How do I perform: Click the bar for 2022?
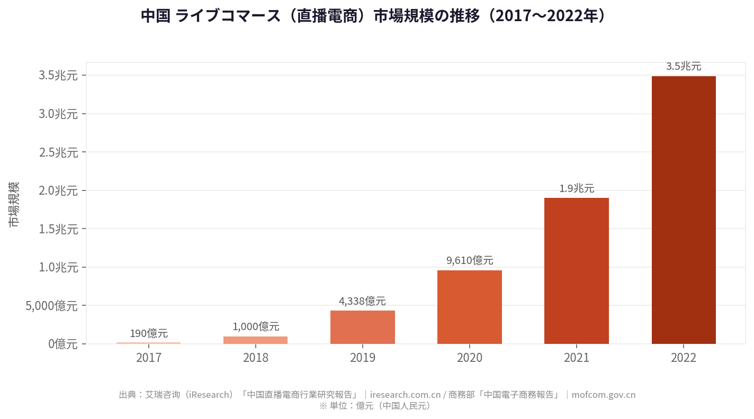coord(684,210)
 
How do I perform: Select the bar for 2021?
coord(577,271)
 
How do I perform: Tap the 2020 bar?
coord(470,307)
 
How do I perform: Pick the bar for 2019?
coord(363,327)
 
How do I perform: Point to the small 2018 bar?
coord(255,340)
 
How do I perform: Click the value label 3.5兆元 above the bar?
coord(684,67)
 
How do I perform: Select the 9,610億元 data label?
coord(470,260)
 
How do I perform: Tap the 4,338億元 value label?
coord(363,301)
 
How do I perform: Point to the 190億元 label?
coord(149,333)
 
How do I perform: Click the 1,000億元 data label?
coord(256,326)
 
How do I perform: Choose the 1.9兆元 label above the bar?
coord(577,188)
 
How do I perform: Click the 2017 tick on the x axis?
coord(149,358)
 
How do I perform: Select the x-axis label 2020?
coord(470,358)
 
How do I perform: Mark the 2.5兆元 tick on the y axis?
coord(58,152)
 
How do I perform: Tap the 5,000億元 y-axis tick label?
coord(51,306)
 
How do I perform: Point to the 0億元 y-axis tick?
coord(63,344)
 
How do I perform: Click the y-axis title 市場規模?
coord(14,204)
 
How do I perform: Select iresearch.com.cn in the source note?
coord(406,395)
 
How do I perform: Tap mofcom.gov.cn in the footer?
coord(603,395)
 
